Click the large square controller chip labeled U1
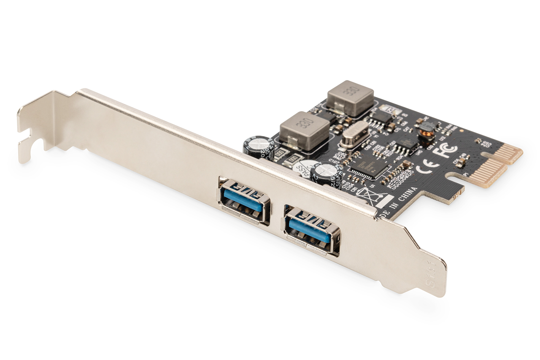[x=369, y=166]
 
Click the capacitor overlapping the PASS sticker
[x=325, y=174]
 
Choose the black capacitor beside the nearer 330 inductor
[x=259, y=146]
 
